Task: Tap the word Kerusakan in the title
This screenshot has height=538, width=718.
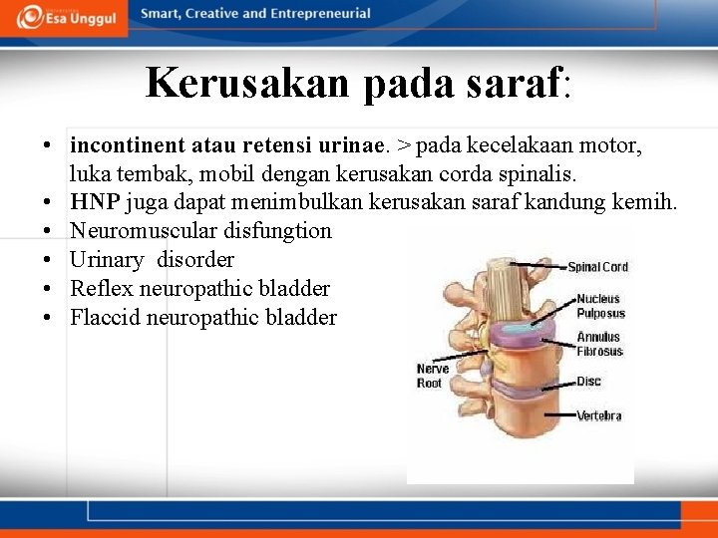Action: [248, 83]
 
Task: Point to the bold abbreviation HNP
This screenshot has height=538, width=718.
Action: [95, 203]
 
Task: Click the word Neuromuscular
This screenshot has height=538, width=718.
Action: [138, 231]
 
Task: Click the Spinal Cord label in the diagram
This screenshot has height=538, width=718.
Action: [597, 267]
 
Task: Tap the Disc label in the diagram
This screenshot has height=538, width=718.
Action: [588, 381]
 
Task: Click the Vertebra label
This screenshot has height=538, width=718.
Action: [598, 415]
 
